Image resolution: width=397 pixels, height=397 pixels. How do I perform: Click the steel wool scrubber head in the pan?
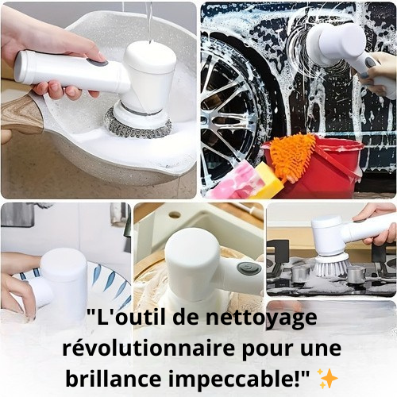pos(137,125)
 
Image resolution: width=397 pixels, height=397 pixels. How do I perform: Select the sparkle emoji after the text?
pos(329,379)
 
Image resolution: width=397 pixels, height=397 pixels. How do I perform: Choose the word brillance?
pos(114,379)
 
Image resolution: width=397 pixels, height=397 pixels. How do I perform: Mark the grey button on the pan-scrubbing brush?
pos(98,63)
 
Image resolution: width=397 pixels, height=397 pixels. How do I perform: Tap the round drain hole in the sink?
pos(174,215)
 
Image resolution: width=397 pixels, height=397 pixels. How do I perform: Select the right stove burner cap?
pos(357,275)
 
